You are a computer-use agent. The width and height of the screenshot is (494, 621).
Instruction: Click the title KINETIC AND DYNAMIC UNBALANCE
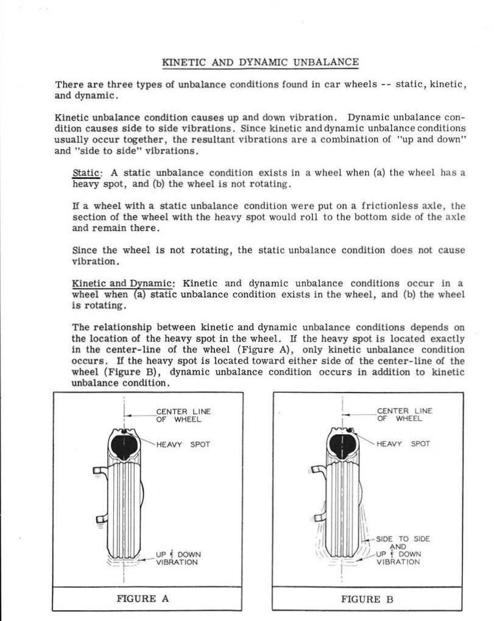click(260, 62)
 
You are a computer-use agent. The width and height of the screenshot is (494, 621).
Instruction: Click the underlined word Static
click(85, 173)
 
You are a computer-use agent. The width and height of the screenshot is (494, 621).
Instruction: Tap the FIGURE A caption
click(143, 598)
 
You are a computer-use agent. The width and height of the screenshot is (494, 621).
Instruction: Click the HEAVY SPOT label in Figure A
click(183, 444)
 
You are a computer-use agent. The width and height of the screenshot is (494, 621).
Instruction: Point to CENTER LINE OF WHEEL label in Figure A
click(183, 415)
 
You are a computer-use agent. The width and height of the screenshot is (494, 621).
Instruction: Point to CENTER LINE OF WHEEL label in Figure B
click(404, 415)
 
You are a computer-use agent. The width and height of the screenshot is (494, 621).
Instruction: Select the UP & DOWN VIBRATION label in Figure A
click(178, 558)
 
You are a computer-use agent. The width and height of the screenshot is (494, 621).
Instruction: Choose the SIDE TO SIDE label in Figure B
click(403, 539)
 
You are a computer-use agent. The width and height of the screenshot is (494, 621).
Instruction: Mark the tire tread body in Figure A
click(125, 505)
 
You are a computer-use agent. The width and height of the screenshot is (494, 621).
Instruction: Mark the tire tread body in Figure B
click(344, 505)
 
